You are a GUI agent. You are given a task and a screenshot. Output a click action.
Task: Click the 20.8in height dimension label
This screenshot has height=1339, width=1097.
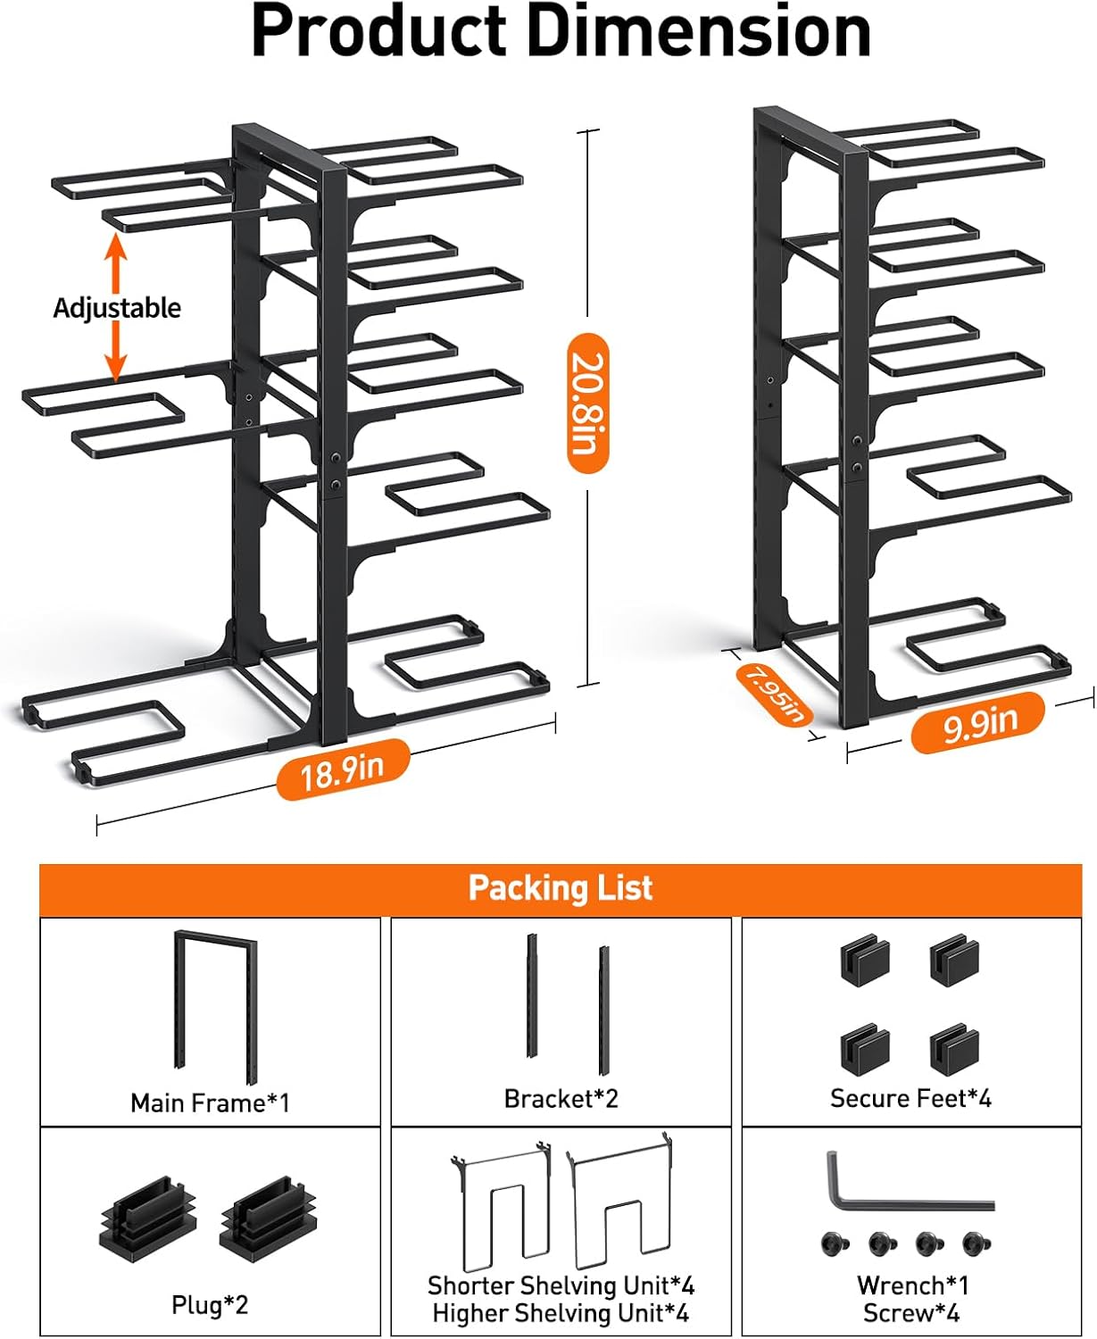(x=588, y=403)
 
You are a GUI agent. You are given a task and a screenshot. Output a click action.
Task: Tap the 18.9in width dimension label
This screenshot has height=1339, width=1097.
(x=343, y=769)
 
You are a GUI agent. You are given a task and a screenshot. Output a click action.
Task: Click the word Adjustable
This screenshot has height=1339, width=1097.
(x=117, y=308)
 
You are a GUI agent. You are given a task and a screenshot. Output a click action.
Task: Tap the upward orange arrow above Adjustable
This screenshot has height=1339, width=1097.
(x=115, y=259)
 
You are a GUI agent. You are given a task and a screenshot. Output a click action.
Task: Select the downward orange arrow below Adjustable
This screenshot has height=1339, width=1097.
(x=115, y=353)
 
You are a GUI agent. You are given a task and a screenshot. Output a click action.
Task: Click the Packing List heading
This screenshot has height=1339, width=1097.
(x=561, y=888)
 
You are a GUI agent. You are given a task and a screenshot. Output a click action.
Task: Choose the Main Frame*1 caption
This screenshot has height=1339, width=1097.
(x=210, y=1103)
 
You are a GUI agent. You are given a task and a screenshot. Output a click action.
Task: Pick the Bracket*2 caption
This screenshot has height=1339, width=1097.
(x=561, y=1099)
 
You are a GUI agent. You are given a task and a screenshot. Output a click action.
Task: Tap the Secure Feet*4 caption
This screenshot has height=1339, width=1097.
(x=910, y=1099)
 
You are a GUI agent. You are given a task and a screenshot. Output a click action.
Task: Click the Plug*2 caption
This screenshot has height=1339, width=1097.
(x=210, y=1305)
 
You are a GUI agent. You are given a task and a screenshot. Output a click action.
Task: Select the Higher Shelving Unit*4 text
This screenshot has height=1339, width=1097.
(x=561, y=1314)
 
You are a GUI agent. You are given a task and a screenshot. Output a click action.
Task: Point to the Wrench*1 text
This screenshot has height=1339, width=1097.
(x=912, y=1285)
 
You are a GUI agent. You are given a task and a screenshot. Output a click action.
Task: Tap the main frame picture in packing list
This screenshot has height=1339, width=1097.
(x=214, y=1004)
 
